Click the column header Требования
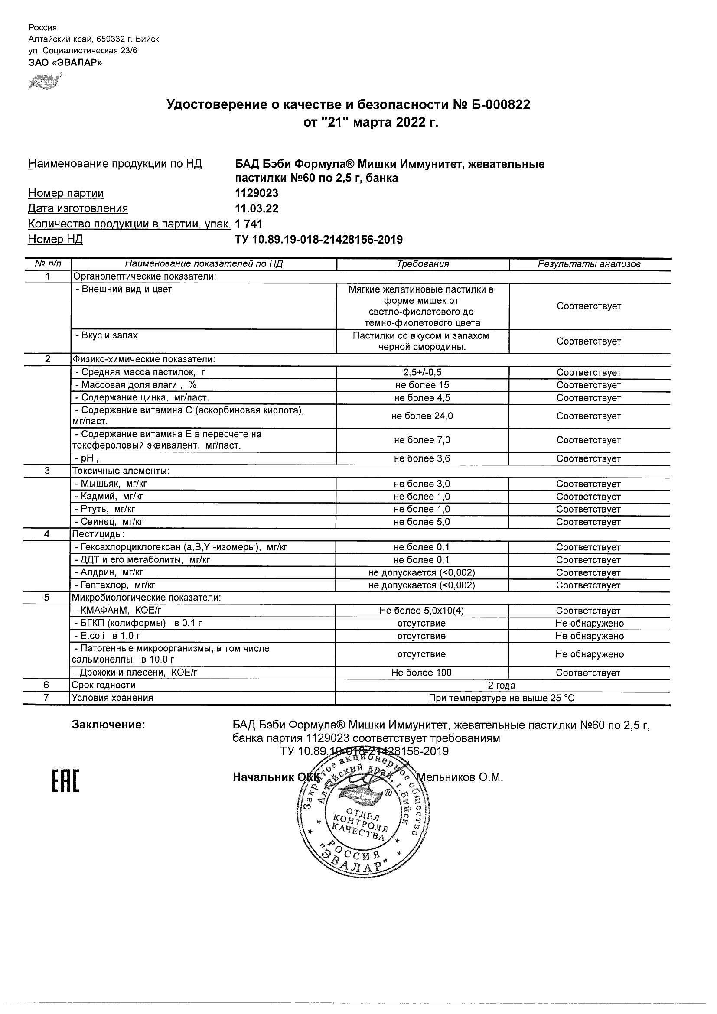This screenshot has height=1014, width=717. pyautogui.click(x=422, y=264)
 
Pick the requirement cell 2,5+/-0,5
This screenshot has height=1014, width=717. pyautogui.click(x=422, y=372)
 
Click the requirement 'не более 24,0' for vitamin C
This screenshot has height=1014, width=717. pyautogui.click(x=422, y=416)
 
